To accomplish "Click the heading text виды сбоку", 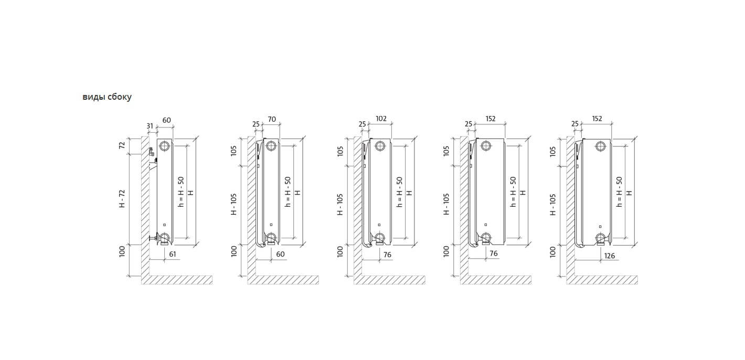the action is click(107, 97).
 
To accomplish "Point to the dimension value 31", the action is click(150, 126).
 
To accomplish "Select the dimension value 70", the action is click(272, 119).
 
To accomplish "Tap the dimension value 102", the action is click(381, 119).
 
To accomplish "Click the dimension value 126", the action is click(609, 256).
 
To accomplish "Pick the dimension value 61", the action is click(173, 254).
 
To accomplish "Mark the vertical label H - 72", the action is click(122, 199).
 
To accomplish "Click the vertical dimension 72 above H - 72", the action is click(122, 145).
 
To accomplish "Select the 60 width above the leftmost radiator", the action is click(167, 120).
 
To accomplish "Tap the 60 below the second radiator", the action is click(280, 254).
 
